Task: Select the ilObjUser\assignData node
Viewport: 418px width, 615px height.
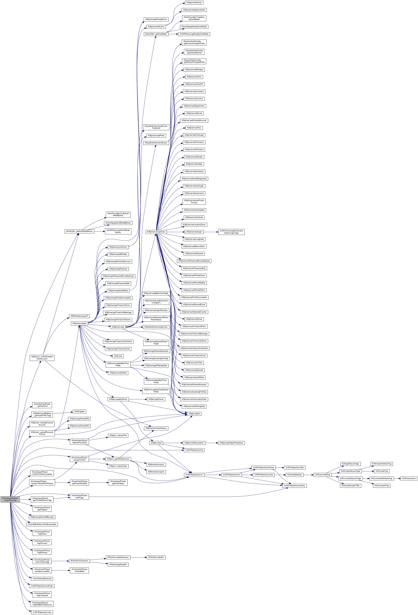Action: (156, 232)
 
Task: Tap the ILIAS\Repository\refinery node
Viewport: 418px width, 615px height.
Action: (295, 486)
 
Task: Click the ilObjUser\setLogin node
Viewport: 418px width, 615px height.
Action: (194, 232)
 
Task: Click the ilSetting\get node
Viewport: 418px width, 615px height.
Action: (79, 411)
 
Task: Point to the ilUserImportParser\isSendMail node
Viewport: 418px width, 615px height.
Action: (79, 570)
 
